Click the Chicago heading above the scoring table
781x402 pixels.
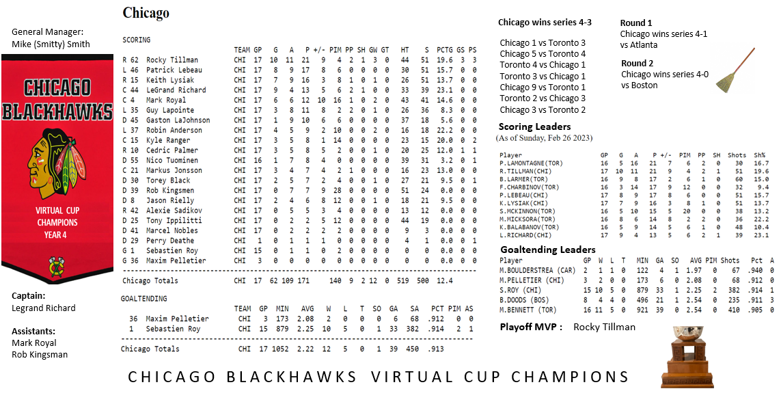point(146,13)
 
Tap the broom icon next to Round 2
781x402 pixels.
point(735,70)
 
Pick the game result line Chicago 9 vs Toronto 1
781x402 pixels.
point(543,88)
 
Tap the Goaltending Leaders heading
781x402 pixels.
point(547,250)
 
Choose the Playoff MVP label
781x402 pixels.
point(530,327)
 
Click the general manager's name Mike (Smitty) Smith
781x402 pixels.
point(51,44)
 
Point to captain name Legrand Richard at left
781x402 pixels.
point(44,308)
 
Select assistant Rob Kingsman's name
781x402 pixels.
point(40,354)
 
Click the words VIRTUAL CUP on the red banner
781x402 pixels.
point(57,211)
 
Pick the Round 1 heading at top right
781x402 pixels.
point(636,23)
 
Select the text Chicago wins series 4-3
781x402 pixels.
point(545,23)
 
